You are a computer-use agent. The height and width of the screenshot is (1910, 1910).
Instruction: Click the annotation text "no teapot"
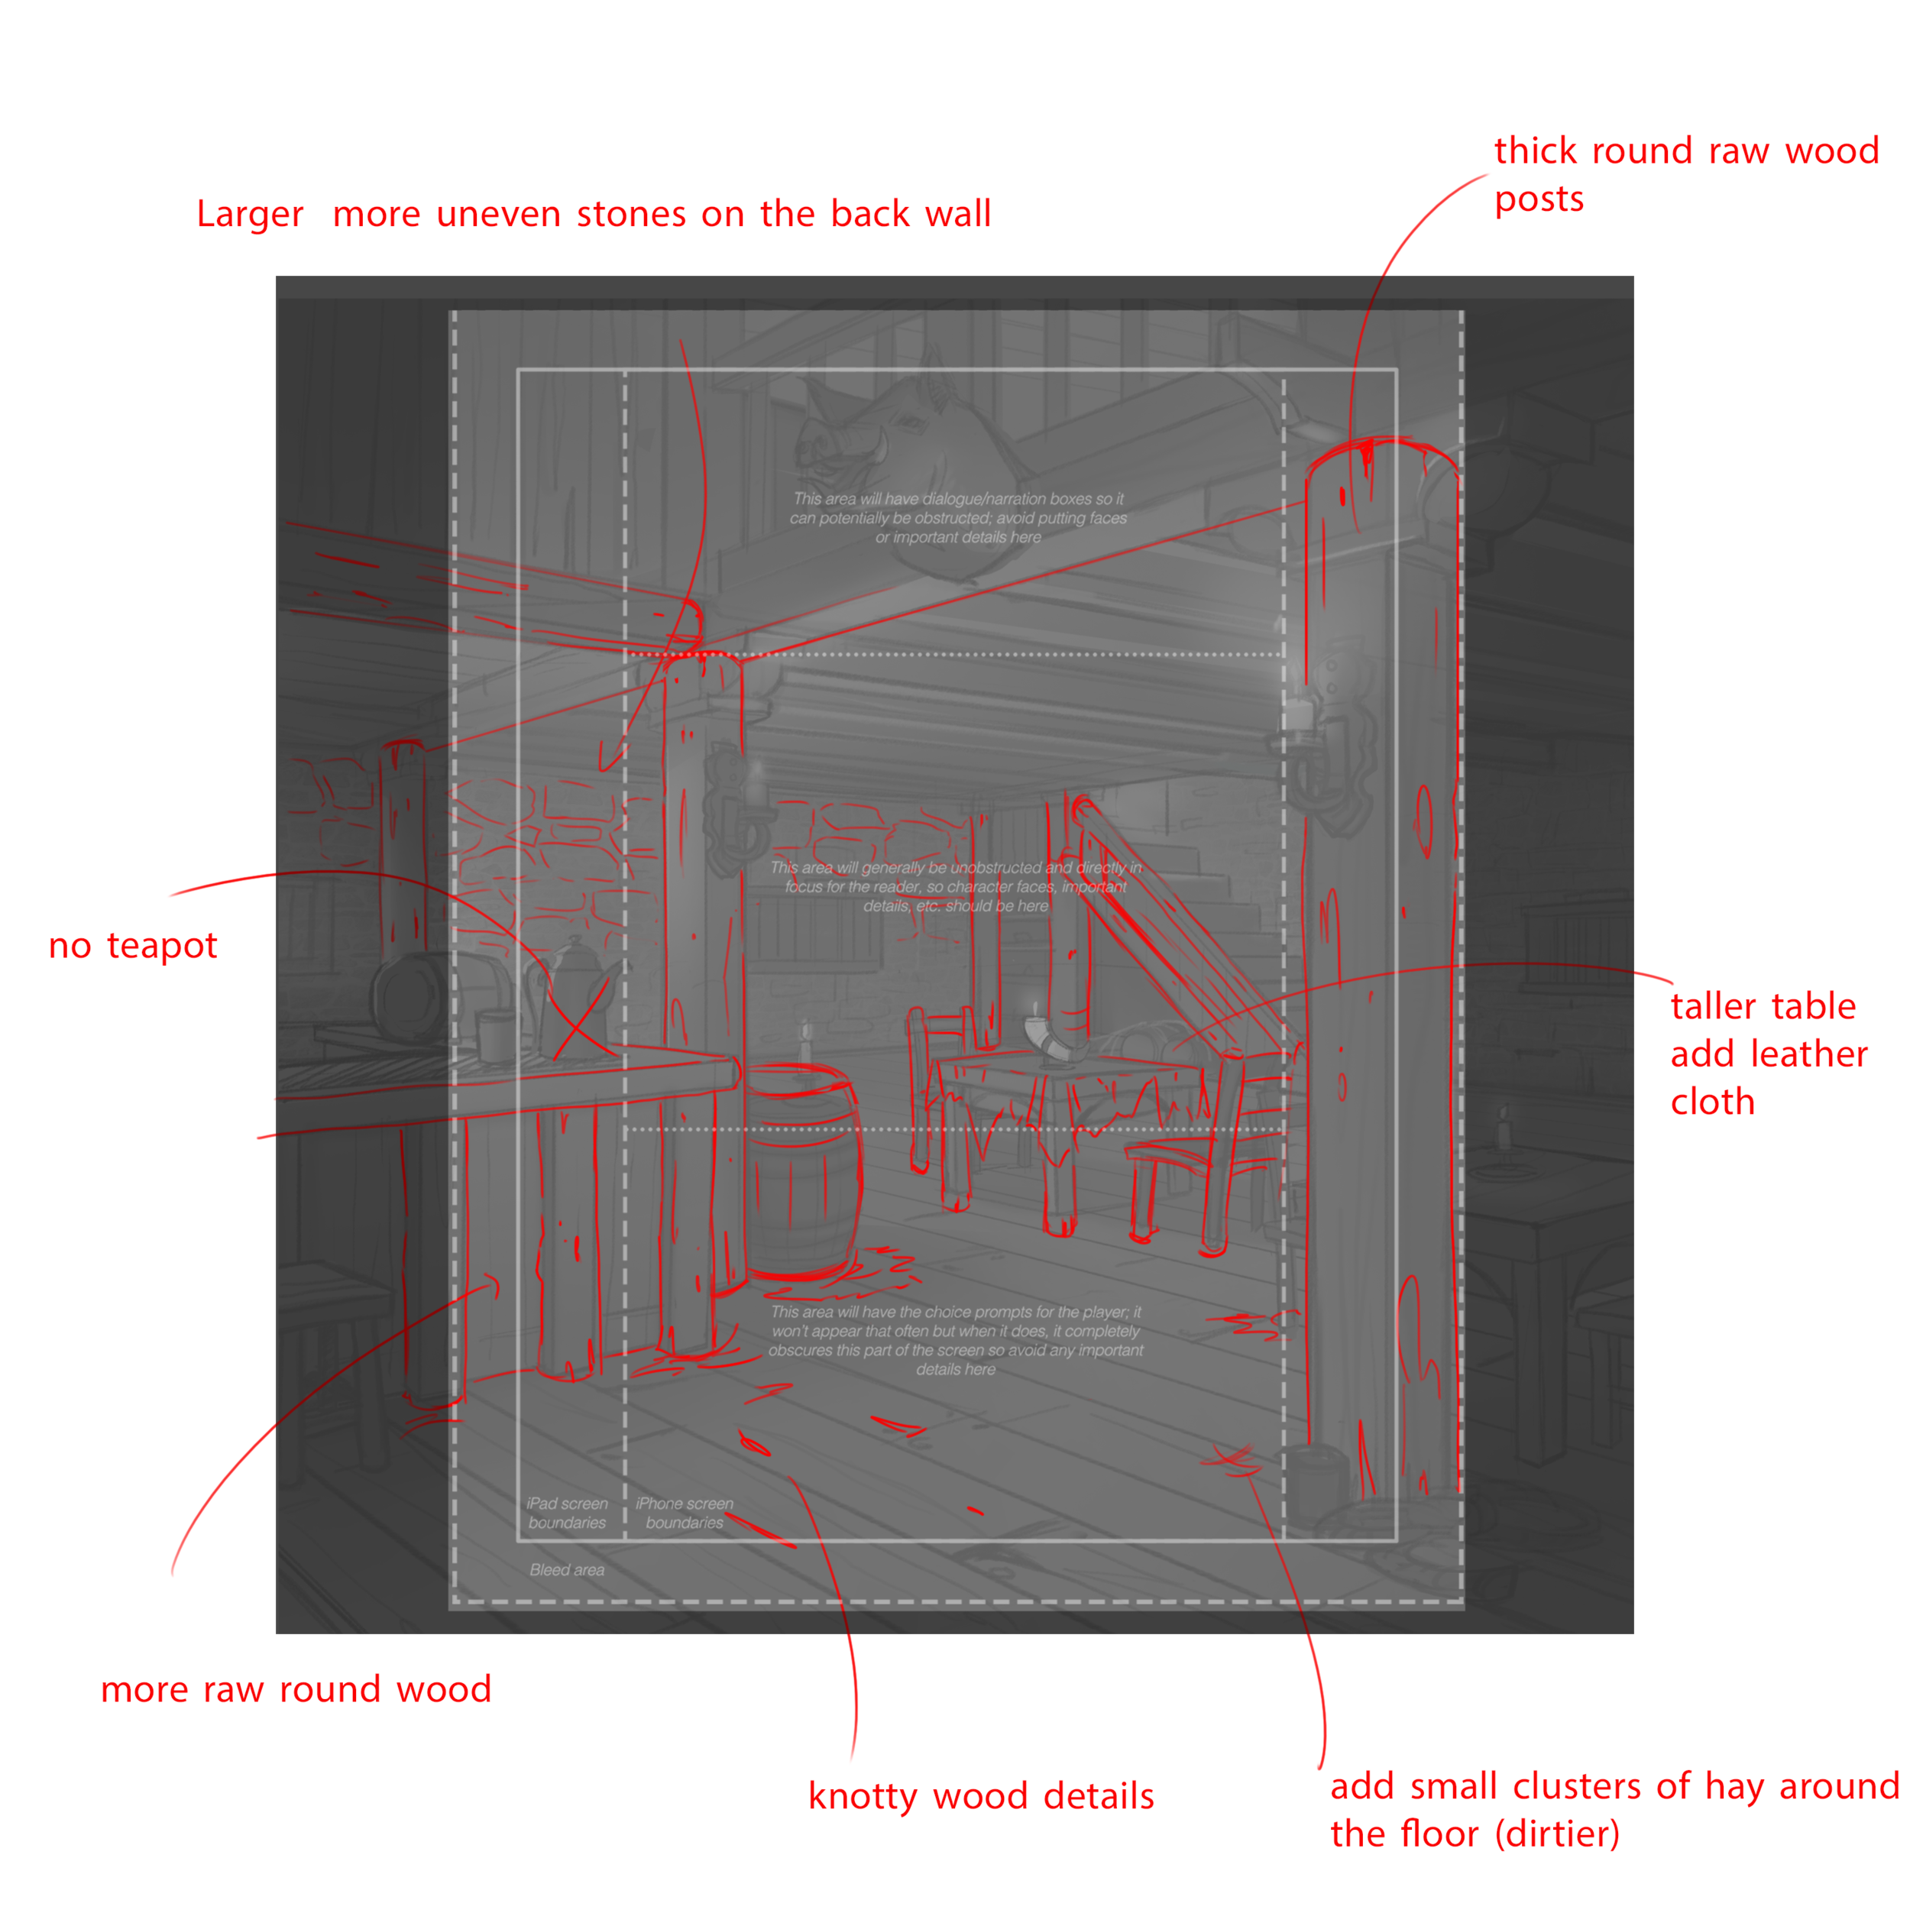pyautogui.click(x=132, y=946)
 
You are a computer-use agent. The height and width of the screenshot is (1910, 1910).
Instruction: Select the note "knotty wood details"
pyautogui.click(x=981, y=1796)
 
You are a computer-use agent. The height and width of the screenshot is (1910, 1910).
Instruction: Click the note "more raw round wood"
pyautogui.click(x=296, y=1689)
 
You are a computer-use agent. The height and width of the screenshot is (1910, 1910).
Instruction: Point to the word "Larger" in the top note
pyautogui.click(x=249, y=215)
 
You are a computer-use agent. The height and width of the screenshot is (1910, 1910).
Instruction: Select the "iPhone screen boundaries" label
pyautogui.click(x=684, y=1513)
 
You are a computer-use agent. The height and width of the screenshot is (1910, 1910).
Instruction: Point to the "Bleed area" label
pyautogui.click(x=566, y=1570)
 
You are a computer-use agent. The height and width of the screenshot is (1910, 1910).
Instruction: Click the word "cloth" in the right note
pyautogui.click(x=1712, y=1102)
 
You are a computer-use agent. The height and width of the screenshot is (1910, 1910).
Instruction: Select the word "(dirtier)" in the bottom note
pyautogui.click(x=1557, y=1835)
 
